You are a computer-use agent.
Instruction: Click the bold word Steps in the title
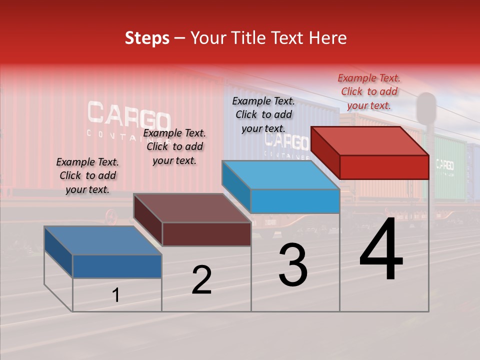click(147, 38)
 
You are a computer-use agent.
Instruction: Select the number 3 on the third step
click(292, 265)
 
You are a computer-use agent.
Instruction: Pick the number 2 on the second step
click(201, 280)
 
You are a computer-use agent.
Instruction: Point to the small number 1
click(115, 295)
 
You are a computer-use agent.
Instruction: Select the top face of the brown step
click(192, 208)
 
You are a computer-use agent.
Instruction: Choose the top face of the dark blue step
click(103, 240)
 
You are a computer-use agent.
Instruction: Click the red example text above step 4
click(369, 91)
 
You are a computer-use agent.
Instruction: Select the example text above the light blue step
click(263, 114)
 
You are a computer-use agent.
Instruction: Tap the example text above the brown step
click(174, 146)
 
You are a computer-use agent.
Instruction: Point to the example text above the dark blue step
click(87, 175)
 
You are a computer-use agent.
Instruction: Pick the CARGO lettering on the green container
click(444, 164)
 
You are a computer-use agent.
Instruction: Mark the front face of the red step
click(384, 167)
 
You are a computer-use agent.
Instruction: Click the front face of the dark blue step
click(117, 266)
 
